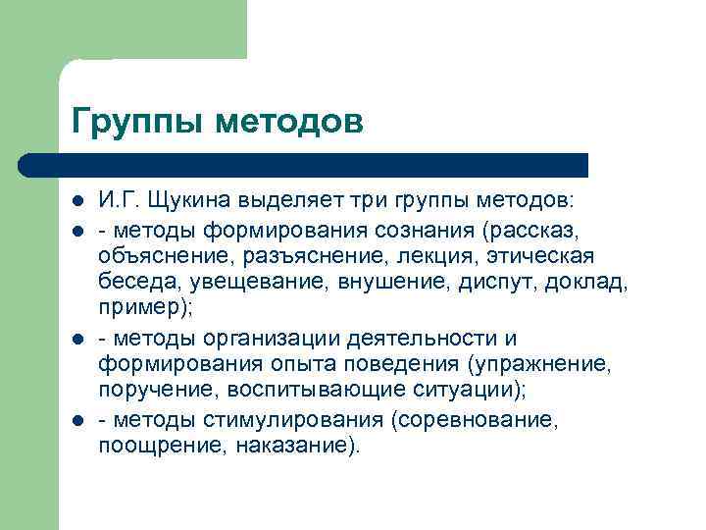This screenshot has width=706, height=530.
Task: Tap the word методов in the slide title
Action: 289,123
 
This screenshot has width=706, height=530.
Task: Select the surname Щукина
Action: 192,200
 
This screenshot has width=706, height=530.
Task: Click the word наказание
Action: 300,448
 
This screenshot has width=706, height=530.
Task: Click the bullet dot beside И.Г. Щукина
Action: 78,201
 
